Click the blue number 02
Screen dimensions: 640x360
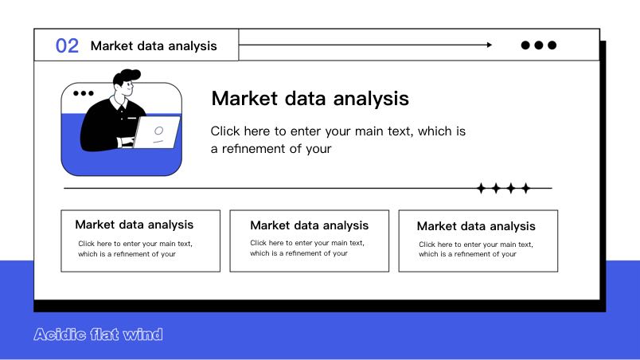click(67, 45)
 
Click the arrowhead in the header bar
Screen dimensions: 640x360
click(490, 45)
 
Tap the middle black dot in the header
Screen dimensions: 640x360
click(539, 45)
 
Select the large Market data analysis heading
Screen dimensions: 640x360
click(310, 99)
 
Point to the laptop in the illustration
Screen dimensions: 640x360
click(157, 132)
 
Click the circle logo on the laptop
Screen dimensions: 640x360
click(158, 131)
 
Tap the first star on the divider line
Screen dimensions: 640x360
click(482, 188)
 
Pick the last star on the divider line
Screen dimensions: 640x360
click(526, 188)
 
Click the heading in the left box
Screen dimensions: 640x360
click(135, 225)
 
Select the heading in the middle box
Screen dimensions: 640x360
click(310, 225)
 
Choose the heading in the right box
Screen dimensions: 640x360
click(476, 226)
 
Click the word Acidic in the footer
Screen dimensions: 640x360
click(60, 335)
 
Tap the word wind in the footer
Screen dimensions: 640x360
click(142, 335)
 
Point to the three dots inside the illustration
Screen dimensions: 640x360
click(84, 93)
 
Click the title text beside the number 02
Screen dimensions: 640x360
click(154, 46)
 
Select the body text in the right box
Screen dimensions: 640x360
click(476, 249)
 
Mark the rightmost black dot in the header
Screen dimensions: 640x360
click(552, 45)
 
